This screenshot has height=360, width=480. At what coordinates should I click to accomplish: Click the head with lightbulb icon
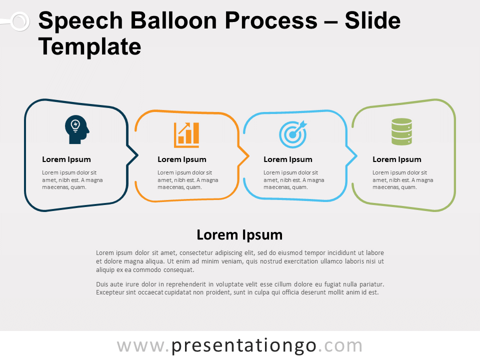click(77, 129)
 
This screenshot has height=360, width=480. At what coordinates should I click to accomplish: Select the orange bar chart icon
click(186, 135)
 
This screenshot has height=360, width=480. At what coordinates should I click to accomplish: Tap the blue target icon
click(293, 134)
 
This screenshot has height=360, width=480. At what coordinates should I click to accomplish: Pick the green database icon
click(401, 131)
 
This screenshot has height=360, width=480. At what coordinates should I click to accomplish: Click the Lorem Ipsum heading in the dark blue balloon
click(66, 159)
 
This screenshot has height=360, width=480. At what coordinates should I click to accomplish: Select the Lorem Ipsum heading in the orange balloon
click(182, 159)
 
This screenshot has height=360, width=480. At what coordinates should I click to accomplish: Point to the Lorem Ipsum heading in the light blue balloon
click(288, 159)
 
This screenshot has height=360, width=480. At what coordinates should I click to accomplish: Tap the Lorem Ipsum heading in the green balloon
click(396, 159)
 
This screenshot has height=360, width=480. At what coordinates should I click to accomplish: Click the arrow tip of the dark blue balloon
click(138, 155)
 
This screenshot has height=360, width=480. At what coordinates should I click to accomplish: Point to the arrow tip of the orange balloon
click(248, 156)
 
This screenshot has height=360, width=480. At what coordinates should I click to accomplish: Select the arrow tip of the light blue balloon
click(356, 156)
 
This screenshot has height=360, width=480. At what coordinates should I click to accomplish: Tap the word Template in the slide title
click(89, 46)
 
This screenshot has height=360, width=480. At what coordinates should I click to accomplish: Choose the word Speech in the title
click(81, 20)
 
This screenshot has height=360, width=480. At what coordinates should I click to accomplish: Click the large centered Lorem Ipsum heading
click(239, 235)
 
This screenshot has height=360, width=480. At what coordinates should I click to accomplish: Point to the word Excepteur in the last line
click(110, 292)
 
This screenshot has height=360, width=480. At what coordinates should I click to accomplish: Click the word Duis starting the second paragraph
click(102, 284)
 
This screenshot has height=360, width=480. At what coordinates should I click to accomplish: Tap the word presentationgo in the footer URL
click(243, 346)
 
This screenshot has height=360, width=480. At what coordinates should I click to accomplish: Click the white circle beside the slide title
click(20, 21)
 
